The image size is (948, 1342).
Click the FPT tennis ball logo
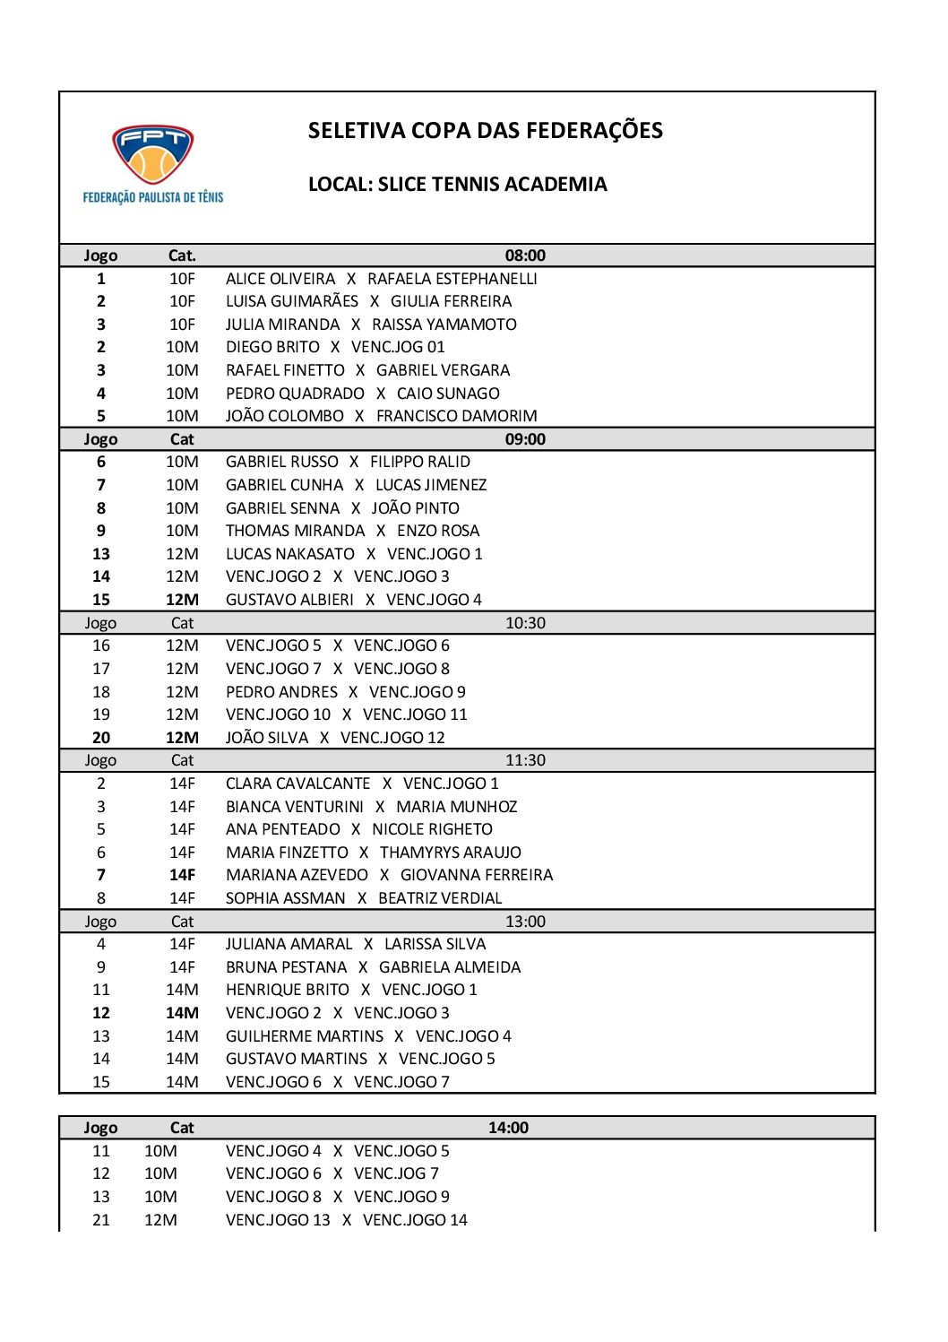point(153,155)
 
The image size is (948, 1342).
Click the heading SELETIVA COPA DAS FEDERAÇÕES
point(485,131)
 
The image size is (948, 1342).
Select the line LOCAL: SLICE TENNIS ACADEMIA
point(457,185)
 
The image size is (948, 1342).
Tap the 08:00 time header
point(525,255)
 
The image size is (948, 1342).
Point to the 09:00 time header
point(525,439)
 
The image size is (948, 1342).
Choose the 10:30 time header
point(525,623)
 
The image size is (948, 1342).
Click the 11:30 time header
point(525,760)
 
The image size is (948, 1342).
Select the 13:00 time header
point(525,922)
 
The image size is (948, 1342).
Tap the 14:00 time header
point(508,1128)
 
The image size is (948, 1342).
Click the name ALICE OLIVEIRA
point(280,279)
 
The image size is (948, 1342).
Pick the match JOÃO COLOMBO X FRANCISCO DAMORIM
point(381,416)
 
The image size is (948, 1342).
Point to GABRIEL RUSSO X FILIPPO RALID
point(348,462)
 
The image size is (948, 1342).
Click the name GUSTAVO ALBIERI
point(289,600)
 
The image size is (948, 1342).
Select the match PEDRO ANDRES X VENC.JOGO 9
point(345,692)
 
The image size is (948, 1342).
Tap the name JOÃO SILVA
point(267,738)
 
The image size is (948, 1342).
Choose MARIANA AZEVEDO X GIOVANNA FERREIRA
point(389,875)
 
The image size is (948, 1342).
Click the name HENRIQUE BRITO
point(288,990)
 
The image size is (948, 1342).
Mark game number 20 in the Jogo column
point(101,738)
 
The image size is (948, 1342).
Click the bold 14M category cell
point(182,1013)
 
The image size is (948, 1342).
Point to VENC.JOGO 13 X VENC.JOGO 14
point(346,1220)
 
